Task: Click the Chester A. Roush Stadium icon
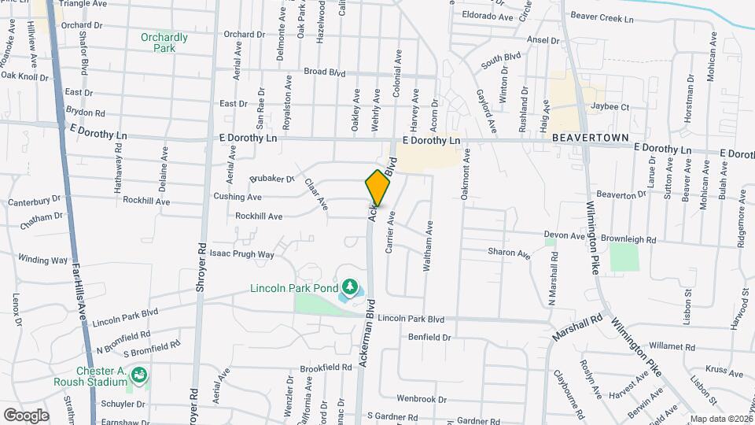tap(139, 375)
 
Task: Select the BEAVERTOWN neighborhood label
tap(590, 138)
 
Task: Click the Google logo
tap(26, 415)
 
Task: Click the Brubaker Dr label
tap(271, 179)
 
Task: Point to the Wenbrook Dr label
tap(423, 399)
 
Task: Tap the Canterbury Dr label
tap(34, 202)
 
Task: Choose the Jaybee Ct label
tap(610, 107)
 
